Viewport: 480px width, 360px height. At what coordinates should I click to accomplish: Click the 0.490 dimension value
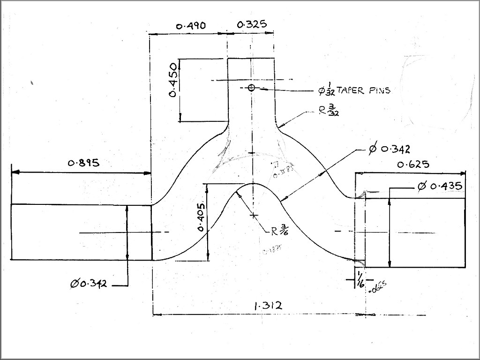click(191, 26)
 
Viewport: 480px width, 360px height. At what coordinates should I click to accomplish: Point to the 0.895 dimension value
click(84, 163)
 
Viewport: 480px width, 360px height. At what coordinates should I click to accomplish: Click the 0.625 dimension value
click(413, 165)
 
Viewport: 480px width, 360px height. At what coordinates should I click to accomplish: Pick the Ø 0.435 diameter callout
click(439, 187)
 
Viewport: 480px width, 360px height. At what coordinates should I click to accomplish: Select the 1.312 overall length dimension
click(268, 306)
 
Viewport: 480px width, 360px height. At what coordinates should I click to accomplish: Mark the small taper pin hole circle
click(251, 88)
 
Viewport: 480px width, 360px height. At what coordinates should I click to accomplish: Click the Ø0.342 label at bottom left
click(89, 284)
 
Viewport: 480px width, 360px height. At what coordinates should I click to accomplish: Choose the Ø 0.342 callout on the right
click(389, 150)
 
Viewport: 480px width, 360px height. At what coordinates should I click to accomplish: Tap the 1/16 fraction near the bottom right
click(360, 280)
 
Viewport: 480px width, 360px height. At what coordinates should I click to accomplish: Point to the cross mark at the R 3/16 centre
click(254, 215)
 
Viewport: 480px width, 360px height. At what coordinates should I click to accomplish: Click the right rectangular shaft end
click(415, 232)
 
